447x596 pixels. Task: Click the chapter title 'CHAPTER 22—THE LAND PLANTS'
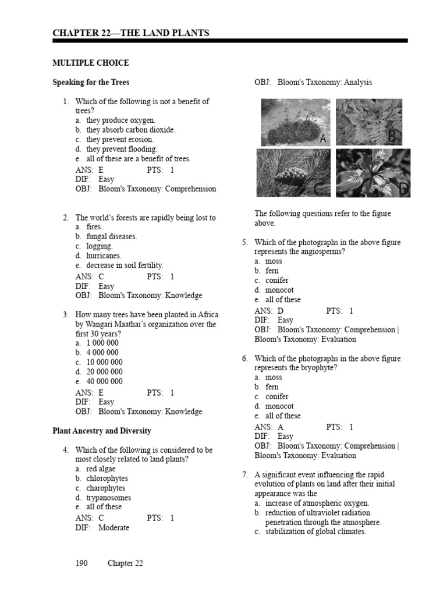(131, 33)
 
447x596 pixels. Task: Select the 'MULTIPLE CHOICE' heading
(91, 63)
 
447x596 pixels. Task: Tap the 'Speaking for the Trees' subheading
(91, 82)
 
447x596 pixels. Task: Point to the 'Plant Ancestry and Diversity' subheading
(102, 431)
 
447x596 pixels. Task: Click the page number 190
(81, 563)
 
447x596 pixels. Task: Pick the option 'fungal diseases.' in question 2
(112, 236)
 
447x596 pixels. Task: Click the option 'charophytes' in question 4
(106, 488)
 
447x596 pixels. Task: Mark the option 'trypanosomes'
(109, 498)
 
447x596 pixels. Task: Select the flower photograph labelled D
(372, 172)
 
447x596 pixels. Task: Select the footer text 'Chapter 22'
(125, 563)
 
